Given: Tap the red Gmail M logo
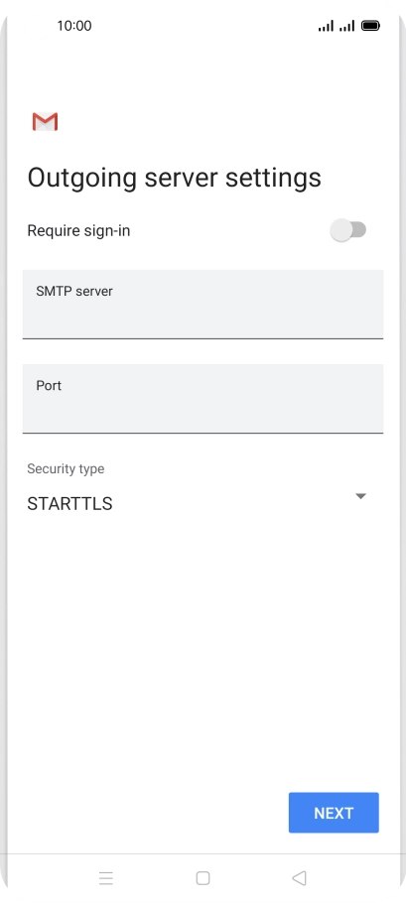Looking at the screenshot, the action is [45, 122].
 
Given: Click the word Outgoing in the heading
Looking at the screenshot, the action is [82, 178].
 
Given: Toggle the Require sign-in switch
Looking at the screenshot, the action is [348, 230].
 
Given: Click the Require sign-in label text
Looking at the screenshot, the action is [78, 231].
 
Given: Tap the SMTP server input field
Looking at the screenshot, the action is [203, 304].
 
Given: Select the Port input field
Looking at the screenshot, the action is [203, 399].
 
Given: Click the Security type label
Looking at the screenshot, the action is [66, 468].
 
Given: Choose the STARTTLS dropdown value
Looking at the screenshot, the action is [69, 504].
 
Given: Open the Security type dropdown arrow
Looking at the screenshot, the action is [360, 496].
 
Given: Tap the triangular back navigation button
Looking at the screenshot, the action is [299, 877].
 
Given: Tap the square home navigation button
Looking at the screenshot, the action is [203, 877].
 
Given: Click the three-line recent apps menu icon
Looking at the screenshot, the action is [106, 877].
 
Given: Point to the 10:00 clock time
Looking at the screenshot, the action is [74, 26].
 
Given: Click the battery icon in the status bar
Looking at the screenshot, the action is [370, 26].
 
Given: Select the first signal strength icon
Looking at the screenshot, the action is [326, 26].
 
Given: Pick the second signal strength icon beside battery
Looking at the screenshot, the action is [346, 26].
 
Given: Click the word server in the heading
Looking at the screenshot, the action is [181, 178].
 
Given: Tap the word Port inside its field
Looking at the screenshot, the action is [49, 385].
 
